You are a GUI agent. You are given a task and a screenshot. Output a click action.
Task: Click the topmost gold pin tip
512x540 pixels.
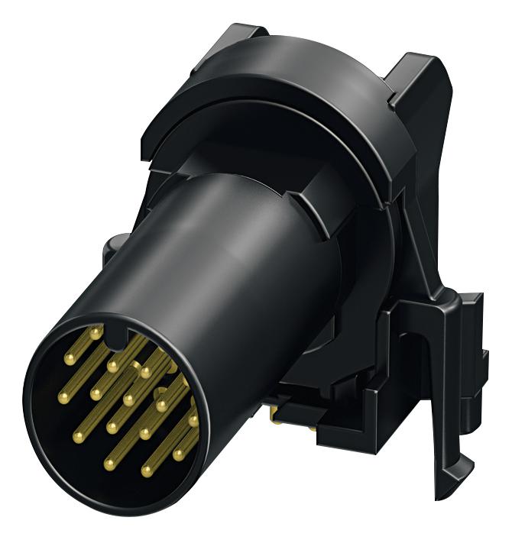[x=95, y=332]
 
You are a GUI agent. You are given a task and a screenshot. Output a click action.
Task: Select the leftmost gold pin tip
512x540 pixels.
[x=63, y=397]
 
